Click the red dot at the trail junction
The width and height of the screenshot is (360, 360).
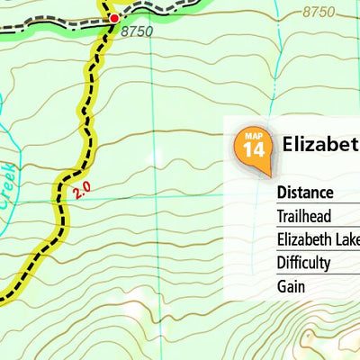(x=114, y=18)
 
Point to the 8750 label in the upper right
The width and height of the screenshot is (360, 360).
(x=319, y=12)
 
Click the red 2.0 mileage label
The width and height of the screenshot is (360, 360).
(x=82, y=190)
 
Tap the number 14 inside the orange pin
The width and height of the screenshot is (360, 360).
(x=254, y=149)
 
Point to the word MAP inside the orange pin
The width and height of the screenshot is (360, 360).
(x=254, y=135)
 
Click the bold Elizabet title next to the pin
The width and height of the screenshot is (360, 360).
(x=319, y=144)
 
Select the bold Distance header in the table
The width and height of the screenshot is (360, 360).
(x=305, y=193)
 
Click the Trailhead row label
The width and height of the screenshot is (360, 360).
(x=304, y=216)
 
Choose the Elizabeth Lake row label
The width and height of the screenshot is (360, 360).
(x=318, y=239)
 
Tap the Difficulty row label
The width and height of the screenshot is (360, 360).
(x=303, y=263)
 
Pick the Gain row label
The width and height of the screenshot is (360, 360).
(x=291, y=286)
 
